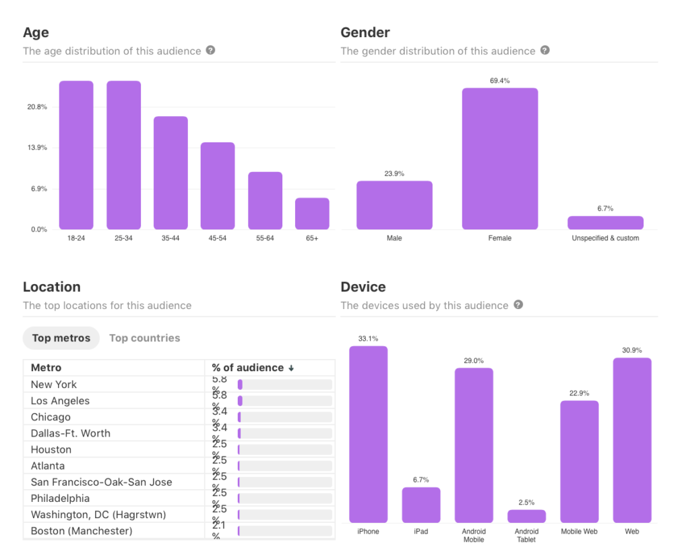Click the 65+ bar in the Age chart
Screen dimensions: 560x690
coord(312,214)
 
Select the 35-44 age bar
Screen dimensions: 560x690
coord(170,173)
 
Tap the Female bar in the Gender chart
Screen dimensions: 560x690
coord(500,159)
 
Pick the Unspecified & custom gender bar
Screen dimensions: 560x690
coord(605,223)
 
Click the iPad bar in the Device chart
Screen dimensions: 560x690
coord(421,505)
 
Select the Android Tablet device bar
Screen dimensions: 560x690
coord(526,516)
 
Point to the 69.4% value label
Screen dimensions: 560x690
coord(500,81)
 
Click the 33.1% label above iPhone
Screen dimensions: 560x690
coord(368,339)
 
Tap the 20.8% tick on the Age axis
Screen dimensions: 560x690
coord(37,107)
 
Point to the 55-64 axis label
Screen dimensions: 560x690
coord(265,239)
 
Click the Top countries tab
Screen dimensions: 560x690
coord(145,338)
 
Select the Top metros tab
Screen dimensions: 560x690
coord(61,338)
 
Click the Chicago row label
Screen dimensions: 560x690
coord(51,417)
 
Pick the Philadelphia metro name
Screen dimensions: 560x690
coord(60,499)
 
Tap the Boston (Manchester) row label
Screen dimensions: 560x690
coord(82,531)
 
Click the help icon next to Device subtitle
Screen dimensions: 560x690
coord(518,305)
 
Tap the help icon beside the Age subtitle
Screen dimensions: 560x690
coord(210,51)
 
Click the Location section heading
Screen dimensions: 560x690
coord(52,287)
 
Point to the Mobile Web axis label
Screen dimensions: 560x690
coord(579,532)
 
